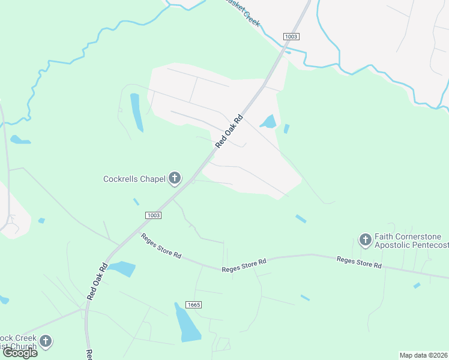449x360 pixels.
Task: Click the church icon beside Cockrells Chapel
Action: point(175,178)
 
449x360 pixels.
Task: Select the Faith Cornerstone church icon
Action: point(365,240)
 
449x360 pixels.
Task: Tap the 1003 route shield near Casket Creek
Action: point(291,37)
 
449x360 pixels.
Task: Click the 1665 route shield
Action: point(193,305)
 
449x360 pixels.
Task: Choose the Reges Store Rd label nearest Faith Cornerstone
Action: point(359,262)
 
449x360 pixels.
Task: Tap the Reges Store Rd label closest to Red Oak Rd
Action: point(161,245)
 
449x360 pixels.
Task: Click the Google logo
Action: point(20,353)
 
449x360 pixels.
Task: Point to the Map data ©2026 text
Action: point(424,355)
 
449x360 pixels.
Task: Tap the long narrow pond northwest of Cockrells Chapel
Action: point(137,112)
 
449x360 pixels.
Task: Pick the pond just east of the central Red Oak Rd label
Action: point(268,122)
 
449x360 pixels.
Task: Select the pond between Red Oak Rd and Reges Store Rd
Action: point(122,269)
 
